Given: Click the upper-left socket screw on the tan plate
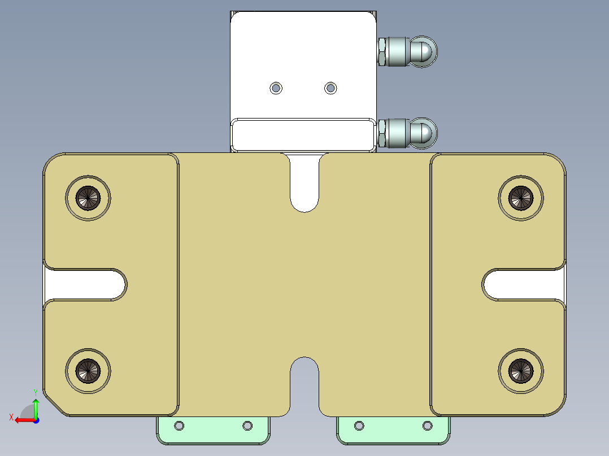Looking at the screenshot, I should [x=88, y=198].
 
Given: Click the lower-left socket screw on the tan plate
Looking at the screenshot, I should [x=88, y=370].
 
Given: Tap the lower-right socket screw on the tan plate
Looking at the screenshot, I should [x=521, y=370].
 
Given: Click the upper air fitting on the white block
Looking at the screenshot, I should [x=407, y=51].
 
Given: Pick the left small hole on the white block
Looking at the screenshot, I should [x=276, y=88].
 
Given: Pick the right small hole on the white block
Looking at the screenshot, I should [x=330, y=88].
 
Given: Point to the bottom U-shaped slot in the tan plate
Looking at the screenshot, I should [x=304, y=384].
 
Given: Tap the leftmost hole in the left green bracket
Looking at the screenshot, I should [x=180, y=426].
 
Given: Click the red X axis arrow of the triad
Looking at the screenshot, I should [x=21, y=420].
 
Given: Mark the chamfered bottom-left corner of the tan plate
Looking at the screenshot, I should [x=55, y=404].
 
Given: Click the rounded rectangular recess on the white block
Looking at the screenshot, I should [x=303, y=134].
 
